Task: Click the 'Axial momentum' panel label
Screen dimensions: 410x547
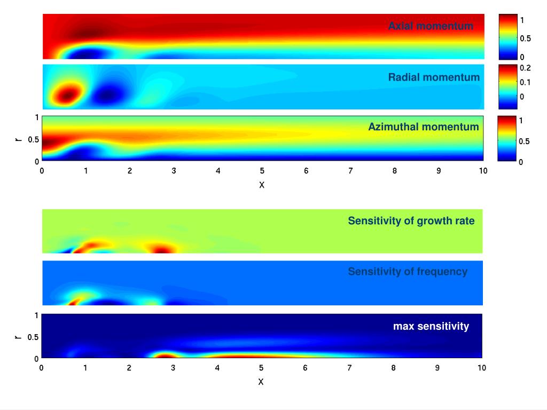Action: coord(431,26)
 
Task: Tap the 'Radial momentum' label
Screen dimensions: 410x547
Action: coord(434,77)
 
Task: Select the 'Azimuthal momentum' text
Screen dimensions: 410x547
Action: coord(423,127)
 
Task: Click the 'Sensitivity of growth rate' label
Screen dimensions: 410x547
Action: coord(411,221)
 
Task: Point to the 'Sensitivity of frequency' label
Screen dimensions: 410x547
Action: coord(408,272)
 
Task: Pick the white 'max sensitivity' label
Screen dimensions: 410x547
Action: coord(431,326)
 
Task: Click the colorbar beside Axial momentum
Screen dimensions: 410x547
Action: coord(508,36)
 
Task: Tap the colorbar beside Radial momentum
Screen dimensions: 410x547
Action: coord(507,87)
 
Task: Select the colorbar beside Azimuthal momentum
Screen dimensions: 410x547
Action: coord(507,138)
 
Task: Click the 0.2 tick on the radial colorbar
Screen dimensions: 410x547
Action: coord(526,68)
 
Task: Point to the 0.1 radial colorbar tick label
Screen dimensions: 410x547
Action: coord(526,82)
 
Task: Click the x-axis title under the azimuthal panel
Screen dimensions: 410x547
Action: coord(262,185)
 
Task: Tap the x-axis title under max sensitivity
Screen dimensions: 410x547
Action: coord(261,382)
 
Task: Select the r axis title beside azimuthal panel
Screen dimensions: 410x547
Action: coord(19,139)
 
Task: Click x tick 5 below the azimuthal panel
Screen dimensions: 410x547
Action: coord(262,171)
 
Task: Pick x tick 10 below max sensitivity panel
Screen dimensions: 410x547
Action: coord(482,368)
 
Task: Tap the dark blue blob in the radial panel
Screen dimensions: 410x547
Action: coord(107,95)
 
